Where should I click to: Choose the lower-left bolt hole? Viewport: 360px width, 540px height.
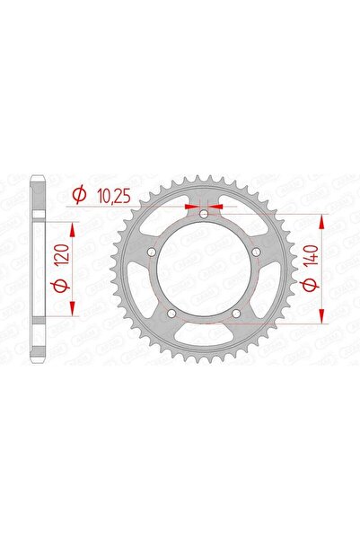coord(171,314)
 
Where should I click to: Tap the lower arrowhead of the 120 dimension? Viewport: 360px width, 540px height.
coord(73,311)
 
